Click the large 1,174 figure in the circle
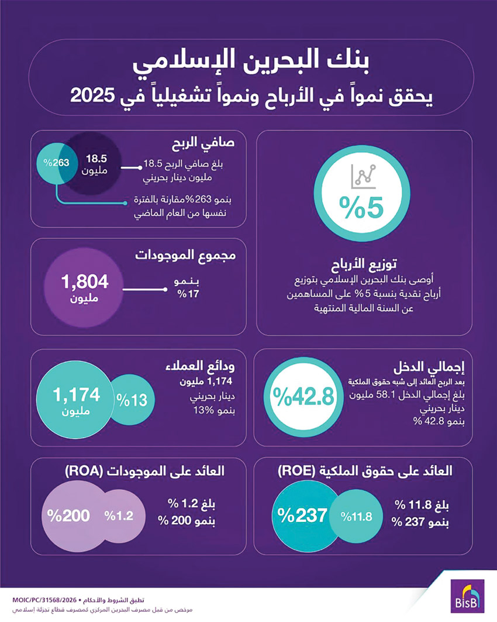77,396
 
